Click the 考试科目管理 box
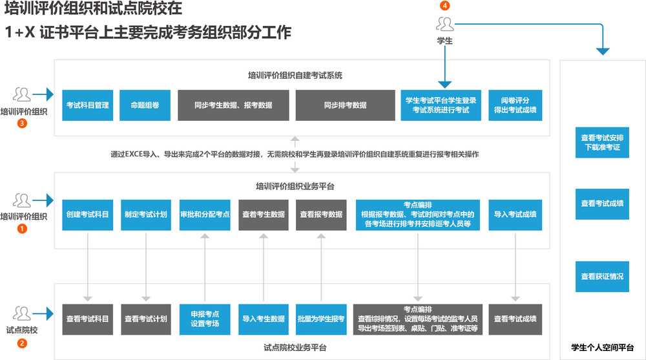pyautogui.click(x=87, y=105)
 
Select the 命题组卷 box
pyautogui.click(x=145, y=105)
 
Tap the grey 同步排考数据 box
pyautogui.click(x=345, y=105)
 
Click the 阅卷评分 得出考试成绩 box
pyautogui.click(x=515, y=105)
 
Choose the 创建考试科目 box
pyautogui.click(x=87, y=214)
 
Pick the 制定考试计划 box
pyautogui.click(x=146, y=214)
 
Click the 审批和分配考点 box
pyautogui.click(x=205, y=214)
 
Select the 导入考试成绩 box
pyautogui.click(x=515, y=214)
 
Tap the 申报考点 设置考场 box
pyautogui.click(x=205, y=319)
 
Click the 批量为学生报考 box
pyautogui.click(x=321, y=319)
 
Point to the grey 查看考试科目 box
pyautogui.click(x=87, y=319)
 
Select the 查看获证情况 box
pyautogui.click(x=602, y=276)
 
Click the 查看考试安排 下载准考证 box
pyautogui.click(x=602, y=142)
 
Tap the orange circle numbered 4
pyautogui.click(x=444, y=6)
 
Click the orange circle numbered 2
pyautogui.click(x=23, y=344)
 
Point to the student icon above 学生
pyautogui.click(x=444, y=24)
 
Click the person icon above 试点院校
pyautogui.click(x=23, y=314)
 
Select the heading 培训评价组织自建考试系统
pyautogui.click(x=295, y=76)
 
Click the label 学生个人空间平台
pyautogui.click(x=602, y=347)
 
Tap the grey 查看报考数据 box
pyautogui.click(x=321, y=214)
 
